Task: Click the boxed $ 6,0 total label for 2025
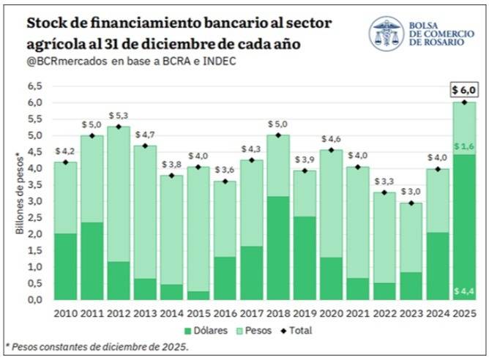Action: (x=464, y=90)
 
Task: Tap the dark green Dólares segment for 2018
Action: (x=278, y=248)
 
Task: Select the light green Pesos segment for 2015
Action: (x=198, y=230)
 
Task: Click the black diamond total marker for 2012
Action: (x=119, y=127)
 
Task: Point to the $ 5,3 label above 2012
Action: (x=119, y=116)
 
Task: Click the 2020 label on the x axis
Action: (x=331, y=313)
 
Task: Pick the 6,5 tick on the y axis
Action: (x=35, y=86)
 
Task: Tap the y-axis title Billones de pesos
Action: (x=19, y=193)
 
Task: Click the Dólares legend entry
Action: (x=206, y=331)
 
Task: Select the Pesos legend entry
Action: (x=254, y=331)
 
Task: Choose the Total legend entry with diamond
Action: (x=296, y=331)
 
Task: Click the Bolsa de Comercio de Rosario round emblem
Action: (x=387, y=34)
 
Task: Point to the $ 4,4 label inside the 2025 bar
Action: (x=464, y=291)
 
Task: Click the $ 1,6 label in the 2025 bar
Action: (x=464, y=146)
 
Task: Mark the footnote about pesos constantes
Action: (x=97, y=347)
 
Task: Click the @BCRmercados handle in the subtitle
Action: (x=67, y=61)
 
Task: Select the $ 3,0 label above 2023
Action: (x=411, y=192)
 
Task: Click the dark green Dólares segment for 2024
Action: (x=438, y=266)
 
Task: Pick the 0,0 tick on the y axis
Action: (x=35, y=300)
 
